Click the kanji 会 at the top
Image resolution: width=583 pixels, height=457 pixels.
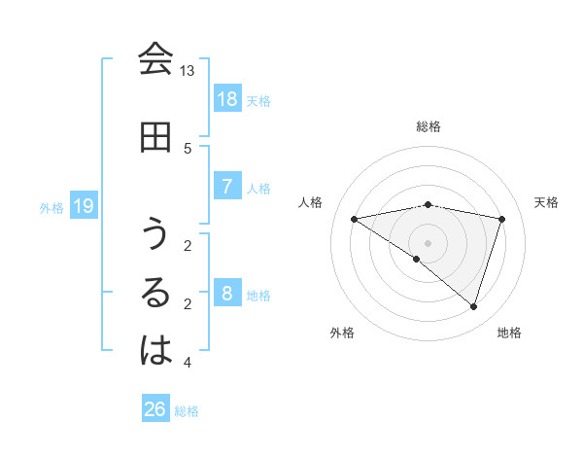tap(155, 59)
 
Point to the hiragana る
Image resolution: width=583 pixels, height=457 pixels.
tap(155, 293)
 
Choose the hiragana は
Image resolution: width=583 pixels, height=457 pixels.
tap(155, 351)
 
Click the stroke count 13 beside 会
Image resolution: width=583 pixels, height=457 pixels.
tap(188, 71)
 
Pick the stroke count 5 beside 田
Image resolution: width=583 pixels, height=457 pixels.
tap(188, 148)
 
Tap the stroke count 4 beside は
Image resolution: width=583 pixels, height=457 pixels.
tap(188, 363)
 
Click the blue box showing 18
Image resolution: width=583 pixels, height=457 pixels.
tap(226, 98)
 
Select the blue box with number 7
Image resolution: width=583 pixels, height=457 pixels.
tap(226, 186)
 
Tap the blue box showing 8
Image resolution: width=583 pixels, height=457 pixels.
tap(226, 293)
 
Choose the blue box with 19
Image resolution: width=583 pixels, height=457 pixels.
tap(83, 205)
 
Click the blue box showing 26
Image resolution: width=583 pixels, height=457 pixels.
tap(155, 409)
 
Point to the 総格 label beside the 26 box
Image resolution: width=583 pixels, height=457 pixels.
tap(187, 411)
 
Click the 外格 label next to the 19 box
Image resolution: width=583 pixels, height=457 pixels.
tap(51, 207)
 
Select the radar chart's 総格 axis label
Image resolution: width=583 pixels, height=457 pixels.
tap(429, 126)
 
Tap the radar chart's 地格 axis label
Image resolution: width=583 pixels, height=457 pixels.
tap(509, 333)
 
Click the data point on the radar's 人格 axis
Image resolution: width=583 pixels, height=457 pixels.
tap(355, 220)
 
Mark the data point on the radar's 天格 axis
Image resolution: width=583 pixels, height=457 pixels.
tap(502, 220)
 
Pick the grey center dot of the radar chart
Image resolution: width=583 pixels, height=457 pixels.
tap(429, 243)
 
